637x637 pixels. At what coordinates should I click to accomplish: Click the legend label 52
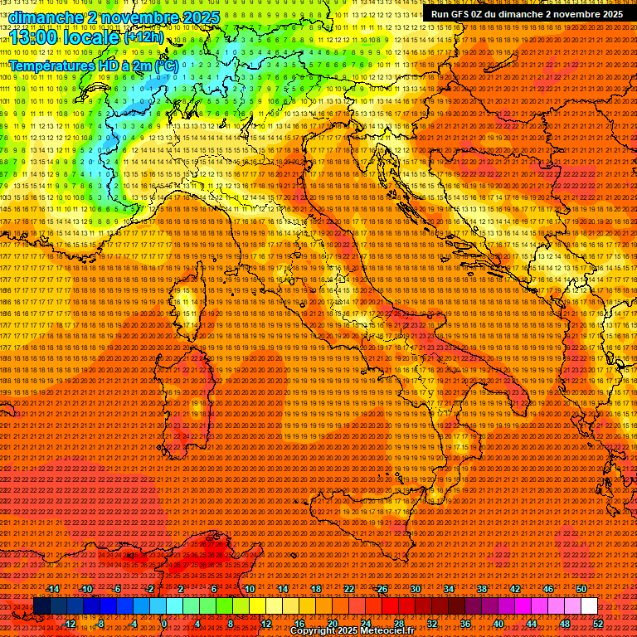pos(598,624)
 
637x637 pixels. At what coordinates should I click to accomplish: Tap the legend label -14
pos(53,588)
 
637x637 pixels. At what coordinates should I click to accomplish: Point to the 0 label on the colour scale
pos(164,624)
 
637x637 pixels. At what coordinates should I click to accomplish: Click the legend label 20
pos(332,624)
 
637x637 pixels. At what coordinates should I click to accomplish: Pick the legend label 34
pos(449,588)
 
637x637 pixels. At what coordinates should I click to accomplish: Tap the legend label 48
pos(565,624)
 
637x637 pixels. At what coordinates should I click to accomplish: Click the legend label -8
pos(100,624)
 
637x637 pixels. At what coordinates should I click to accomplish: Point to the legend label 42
pos(515,588)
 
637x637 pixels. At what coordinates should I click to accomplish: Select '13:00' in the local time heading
pos(32,38)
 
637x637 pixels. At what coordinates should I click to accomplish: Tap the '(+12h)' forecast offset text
pos(144,38)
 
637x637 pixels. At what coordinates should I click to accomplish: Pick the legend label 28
pos(398,624)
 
